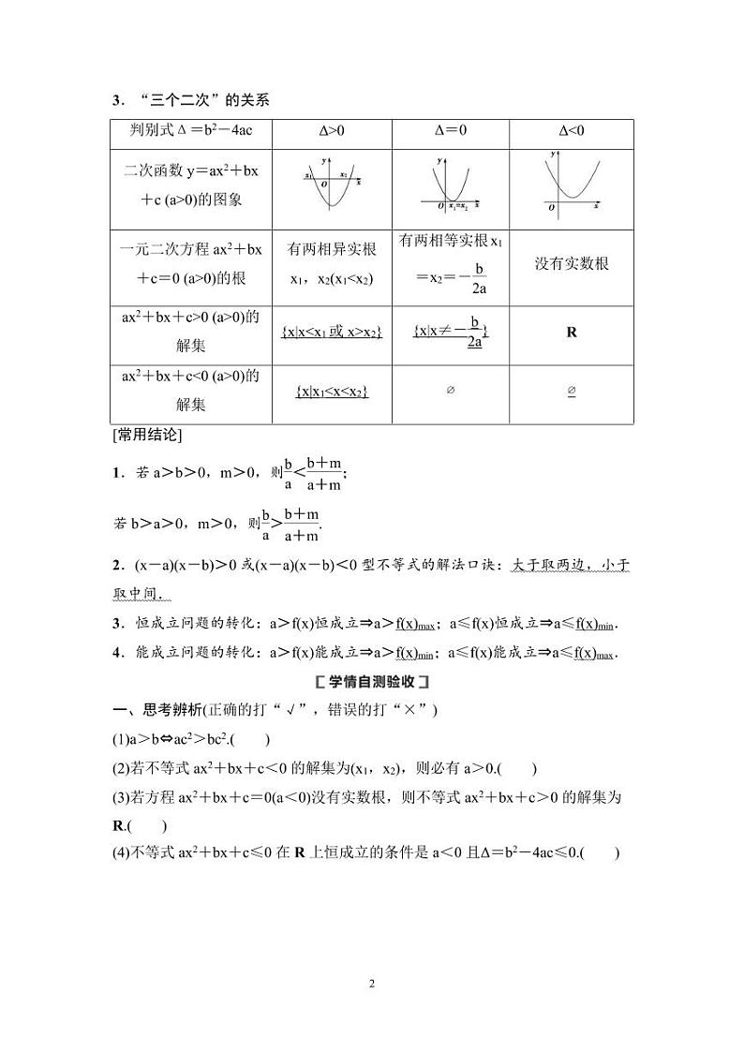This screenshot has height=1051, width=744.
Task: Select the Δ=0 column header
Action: [451, 131]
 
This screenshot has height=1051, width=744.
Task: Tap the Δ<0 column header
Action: [572, 131]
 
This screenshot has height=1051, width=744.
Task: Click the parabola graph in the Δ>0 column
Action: [331, 184]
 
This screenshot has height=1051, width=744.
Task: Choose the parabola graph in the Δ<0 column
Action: [573, 182]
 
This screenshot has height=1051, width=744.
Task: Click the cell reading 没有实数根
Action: [572, 263]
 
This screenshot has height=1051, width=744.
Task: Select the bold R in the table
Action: [572, 332]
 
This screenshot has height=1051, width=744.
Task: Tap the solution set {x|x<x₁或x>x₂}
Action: [332, 332]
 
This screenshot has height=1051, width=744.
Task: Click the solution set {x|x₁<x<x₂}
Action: [332, 392]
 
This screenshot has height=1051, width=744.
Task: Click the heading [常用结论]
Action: [146, 435]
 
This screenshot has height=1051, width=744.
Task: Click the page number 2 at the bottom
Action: [372, 984]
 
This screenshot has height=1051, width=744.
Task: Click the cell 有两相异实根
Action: [332, 249]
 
